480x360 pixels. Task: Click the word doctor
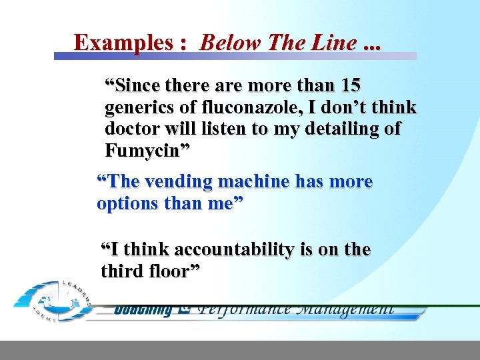pos(130,129)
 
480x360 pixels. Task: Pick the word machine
pos(256,181)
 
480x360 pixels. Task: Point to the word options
pos(124,203)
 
